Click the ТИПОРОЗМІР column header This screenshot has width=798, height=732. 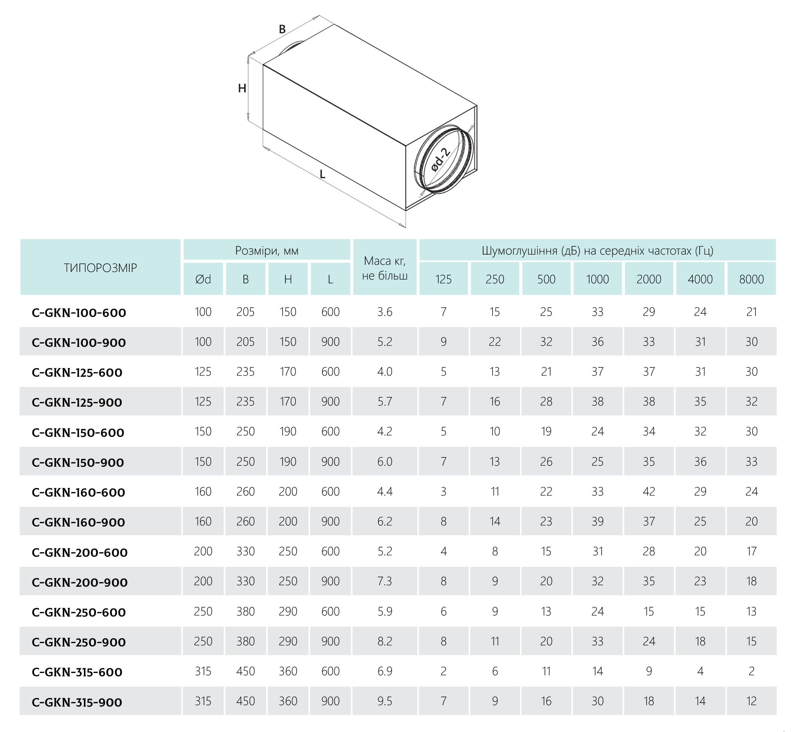[x=100, y=268]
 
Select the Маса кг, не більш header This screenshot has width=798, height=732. [x=384, y=268]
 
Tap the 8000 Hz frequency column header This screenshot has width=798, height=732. [x=751, y=279]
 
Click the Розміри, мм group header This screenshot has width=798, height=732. [x=267, y=250]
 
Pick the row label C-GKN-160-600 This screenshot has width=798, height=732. [x=78, y=493]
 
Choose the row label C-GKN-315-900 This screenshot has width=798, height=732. [x=77, y=702]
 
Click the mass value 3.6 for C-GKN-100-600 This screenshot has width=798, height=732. [x=384, y=312]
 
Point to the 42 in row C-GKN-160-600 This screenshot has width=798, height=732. [x=649, y=491]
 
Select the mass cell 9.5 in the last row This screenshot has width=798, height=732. [x=384, y=701]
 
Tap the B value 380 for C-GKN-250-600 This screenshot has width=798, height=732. [x=245, y=612]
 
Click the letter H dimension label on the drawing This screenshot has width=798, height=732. [x=242, y=88]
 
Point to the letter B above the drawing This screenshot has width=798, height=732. [x=282, y=29]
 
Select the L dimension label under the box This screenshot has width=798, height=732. [x=322, y=174]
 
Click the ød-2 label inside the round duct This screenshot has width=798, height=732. [x=440, y=160]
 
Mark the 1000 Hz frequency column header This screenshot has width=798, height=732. [x=597, y=279]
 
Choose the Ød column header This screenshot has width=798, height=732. [x=203, y=279]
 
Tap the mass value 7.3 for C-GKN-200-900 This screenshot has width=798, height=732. [x=384, y=581]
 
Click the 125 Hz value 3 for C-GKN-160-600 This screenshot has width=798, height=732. [x=443, y=491]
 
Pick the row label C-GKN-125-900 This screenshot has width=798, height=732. [x=77, y=403]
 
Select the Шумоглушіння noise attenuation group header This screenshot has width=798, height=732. [x=597, y=250]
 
